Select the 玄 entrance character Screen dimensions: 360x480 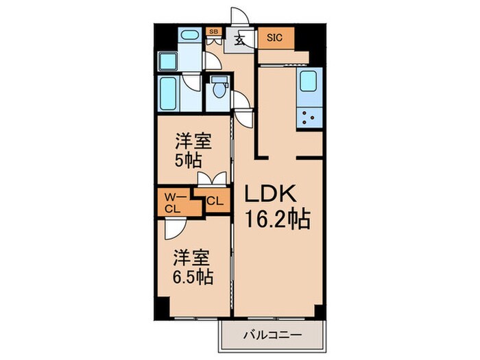pyautogui.click(x=241, y=40)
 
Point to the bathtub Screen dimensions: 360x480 pyautogui.click(x=168, y=95)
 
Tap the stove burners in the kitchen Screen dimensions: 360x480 pyautogui.click(x=307, y=118)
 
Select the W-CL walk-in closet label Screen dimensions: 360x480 pyautogui.click(x=172, y=204)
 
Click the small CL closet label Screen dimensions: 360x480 pyautogui.click(x=215, y=202)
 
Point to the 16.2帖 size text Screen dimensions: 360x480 pyautogui.click(x=278, y=219)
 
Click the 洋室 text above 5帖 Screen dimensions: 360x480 pyautogui.click(x=192, y=143)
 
